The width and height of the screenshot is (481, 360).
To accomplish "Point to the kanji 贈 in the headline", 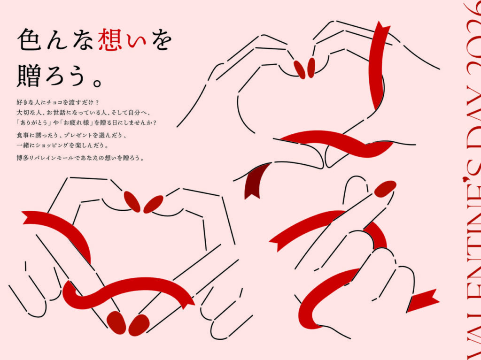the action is click(29, 76).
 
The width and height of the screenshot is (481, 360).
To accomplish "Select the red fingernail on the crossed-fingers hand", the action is click(385, 189).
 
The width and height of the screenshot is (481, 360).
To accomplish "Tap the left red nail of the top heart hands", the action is click(299, 69).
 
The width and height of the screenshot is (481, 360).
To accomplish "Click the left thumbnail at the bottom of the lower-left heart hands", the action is click(116, 322).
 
